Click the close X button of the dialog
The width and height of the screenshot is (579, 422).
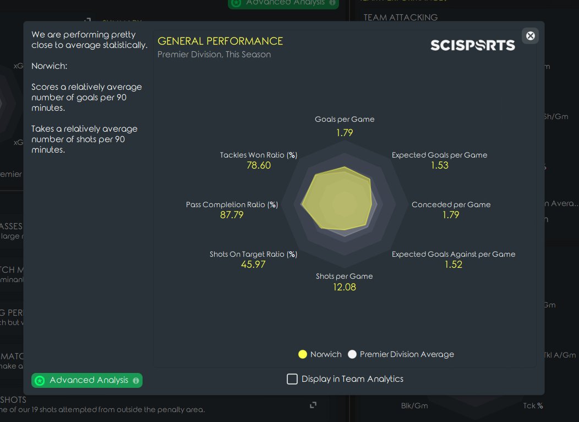click(530, 36)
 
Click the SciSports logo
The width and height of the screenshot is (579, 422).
click(472, 45)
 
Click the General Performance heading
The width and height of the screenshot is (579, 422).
click(220, 41)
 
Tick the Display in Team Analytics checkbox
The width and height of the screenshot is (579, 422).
click(292, 379)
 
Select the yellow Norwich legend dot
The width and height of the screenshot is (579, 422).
click(302, 354)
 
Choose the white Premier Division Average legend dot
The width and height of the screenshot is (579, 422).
click(352, 354)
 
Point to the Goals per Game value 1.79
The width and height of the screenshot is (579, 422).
click(345, 133)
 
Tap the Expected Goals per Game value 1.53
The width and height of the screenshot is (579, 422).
click(440, 165)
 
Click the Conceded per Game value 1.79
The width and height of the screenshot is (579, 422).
click(451, 215)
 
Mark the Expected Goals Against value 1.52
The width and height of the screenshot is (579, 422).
click(454, 264)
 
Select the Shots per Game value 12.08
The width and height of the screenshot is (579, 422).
click(344, 287)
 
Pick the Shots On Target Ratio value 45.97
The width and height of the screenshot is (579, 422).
click(253, 264)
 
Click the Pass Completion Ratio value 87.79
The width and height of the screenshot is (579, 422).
click(232, 215)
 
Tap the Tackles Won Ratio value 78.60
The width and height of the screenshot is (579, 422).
click(259, 165)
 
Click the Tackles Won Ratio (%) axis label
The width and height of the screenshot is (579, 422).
click(259, 155)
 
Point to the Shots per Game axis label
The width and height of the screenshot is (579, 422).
click(344, 277)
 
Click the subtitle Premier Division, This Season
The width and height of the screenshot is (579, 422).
click(214, 55)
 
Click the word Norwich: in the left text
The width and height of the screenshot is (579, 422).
click(49, 66)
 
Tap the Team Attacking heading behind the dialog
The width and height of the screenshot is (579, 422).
click(400, 17)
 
